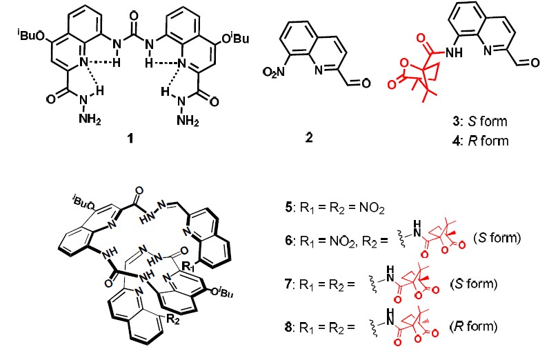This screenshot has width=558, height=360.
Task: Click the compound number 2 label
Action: click(x=309, y=137)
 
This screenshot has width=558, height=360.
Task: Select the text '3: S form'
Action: click(x=484, y=121)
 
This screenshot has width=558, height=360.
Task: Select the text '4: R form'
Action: click(x=484, y=141)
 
